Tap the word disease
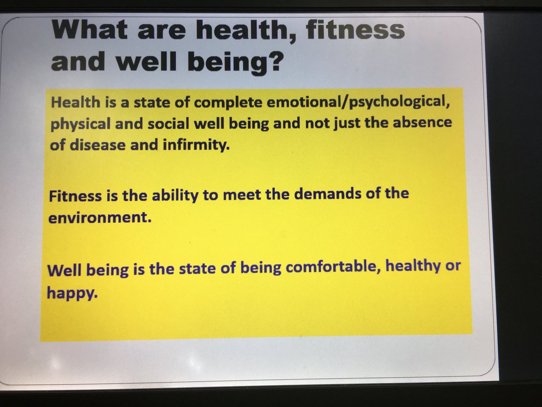point(89,147)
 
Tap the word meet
point(206,195)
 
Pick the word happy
point(72,294)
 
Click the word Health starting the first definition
point(75,102)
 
